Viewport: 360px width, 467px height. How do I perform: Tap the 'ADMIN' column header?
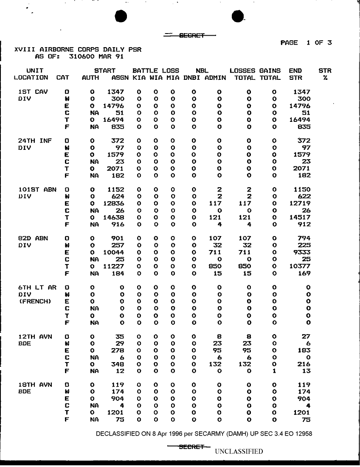click(215, 78)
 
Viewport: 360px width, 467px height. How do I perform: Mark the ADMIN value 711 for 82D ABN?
click(215, 253)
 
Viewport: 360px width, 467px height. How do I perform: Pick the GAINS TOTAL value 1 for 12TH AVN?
click(274, 371)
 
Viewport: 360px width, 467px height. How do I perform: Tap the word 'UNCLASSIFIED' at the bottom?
click(239, 451)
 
